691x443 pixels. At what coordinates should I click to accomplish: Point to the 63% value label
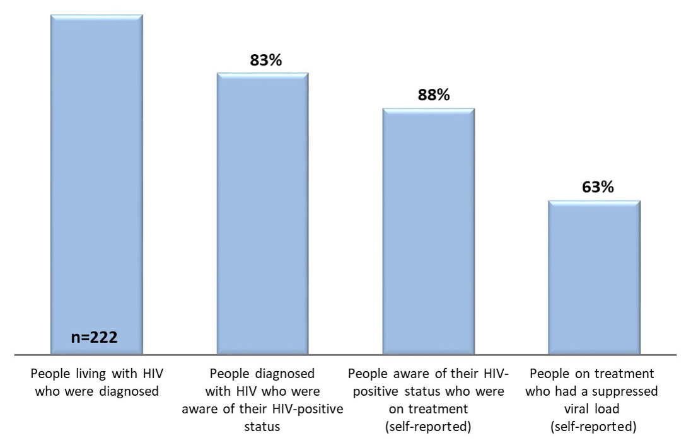(x=594, y=188)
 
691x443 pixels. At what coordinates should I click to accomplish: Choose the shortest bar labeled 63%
(x=594, y=277)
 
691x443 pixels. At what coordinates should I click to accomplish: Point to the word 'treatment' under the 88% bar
(x=443, y=408)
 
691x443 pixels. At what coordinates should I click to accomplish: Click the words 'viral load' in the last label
(x=594, y=408)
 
